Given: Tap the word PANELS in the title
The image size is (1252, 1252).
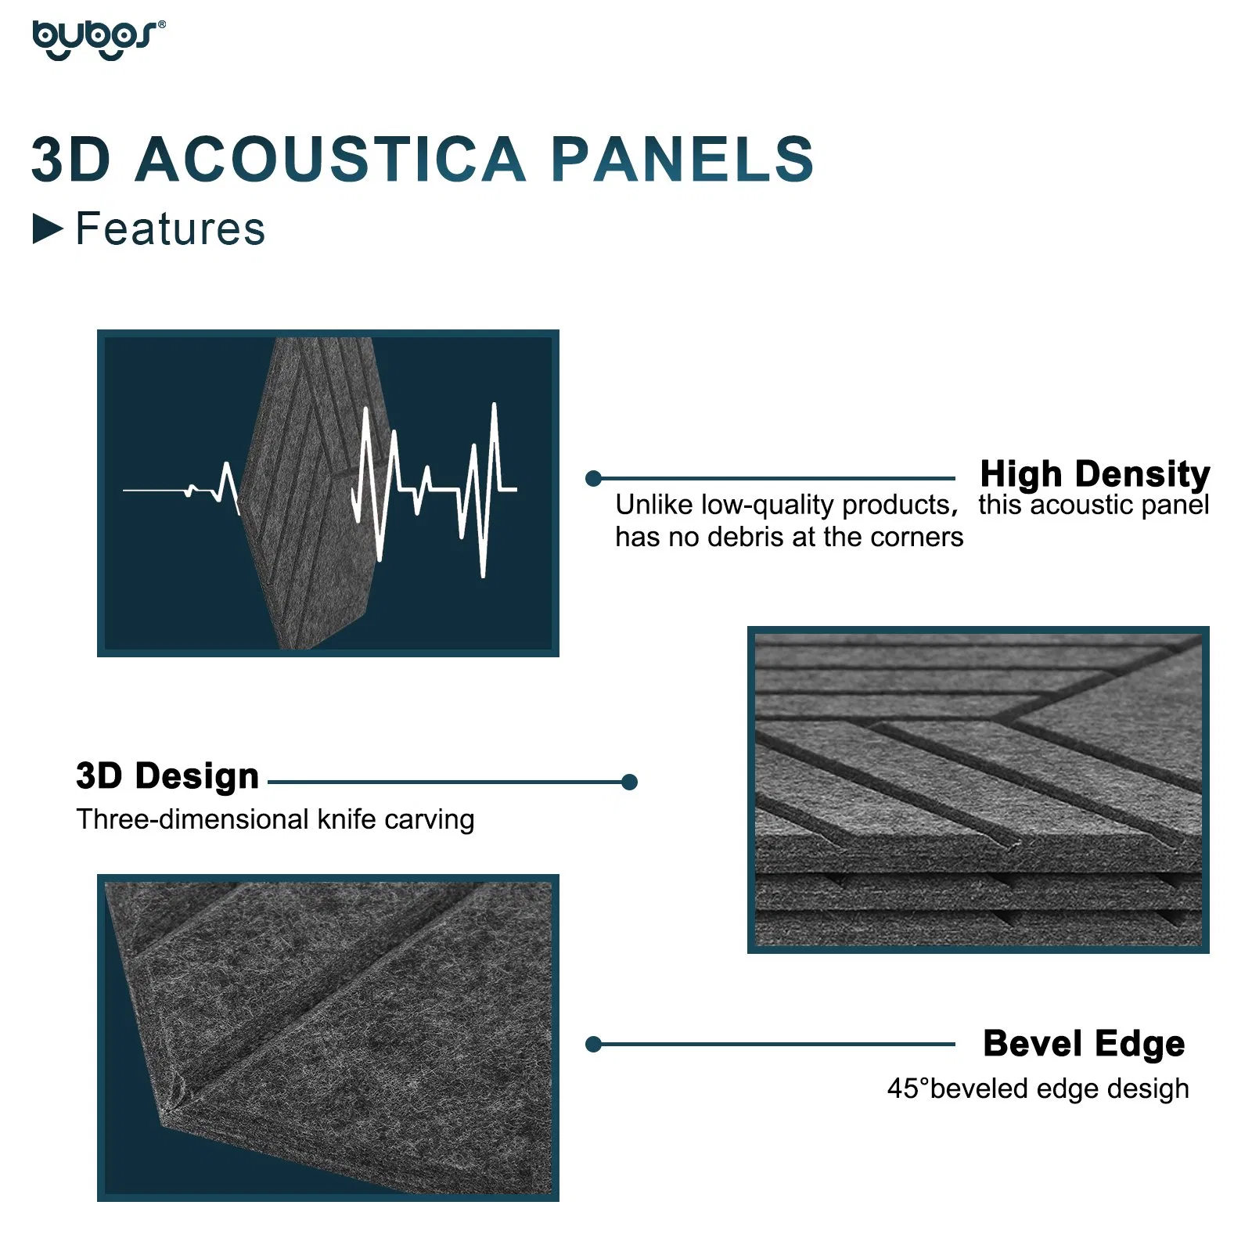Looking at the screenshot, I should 682,160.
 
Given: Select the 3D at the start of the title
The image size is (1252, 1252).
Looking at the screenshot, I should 71,160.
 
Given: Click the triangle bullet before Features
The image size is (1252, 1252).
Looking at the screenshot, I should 48,229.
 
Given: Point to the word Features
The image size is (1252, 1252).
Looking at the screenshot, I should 170,229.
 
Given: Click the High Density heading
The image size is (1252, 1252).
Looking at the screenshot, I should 1094,474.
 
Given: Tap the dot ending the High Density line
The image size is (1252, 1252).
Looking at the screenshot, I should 593,478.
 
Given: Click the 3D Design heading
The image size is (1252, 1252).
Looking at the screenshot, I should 167,776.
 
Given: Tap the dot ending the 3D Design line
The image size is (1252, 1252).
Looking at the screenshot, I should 629,782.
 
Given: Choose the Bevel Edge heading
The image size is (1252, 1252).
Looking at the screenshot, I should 1084,1044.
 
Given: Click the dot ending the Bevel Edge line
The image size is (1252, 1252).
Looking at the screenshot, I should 593,1044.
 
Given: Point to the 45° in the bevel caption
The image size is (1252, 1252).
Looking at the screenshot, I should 908,1088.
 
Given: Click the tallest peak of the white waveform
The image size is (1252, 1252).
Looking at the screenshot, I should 494,406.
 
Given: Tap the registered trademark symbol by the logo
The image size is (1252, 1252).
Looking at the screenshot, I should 162,24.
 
